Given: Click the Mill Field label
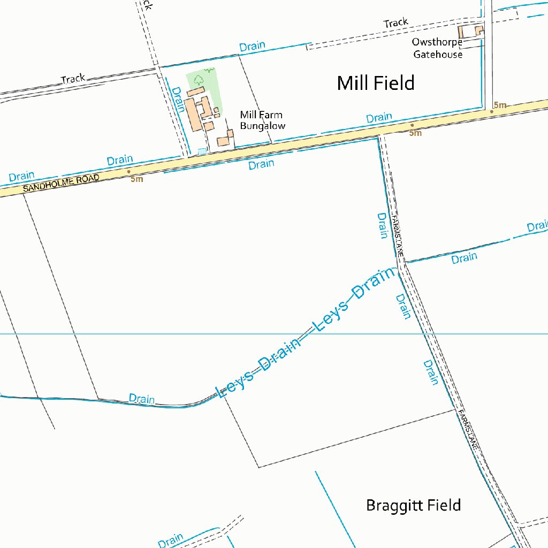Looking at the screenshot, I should click(x=376, y=83).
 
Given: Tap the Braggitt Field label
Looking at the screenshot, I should click(x=413, y=505).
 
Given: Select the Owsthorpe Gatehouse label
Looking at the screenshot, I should click(x=437, y=48).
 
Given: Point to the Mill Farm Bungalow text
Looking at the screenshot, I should click(x=262, y=120).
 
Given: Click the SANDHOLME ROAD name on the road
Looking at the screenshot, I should click(x=61, y=184).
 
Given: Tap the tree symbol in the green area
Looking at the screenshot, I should click(x=199, y=80).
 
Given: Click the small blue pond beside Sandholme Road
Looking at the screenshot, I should click(x=202, y=151).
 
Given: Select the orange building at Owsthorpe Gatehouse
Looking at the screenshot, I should click(x=478, y=31).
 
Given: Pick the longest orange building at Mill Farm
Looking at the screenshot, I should click(x=192, y=114).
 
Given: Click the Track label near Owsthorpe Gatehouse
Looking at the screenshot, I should click(x=395, y=22).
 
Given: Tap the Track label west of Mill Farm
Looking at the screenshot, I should click(x=73, y=79).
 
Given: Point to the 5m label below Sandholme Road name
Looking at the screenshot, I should click(x=137, y=179).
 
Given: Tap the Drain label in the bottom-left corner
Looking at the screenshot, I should click(x=171, y=540).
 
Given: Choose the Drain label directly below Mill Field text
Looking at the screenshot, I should click(x=379, y=117).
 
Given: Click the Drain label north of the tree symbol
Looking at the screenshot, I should click(x=252, y=46).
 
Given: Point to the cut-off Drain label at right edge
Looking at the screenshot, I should click(x=537, y=226).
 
